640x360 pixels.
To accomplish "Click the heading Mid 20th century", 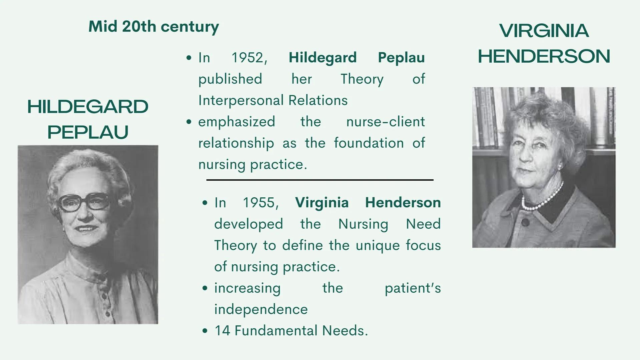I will pos(153,27).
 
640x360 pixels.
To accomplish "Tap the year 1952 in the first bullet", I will pos(249,58).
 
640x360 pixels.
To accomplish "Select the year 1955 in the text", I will pos(260,203).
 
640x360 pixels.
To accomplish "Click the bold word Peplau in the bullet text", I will pos(401,58).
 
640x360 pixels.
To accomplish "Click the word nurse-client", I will pos(385,122).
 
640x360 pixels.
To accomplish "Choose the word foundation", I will pos(369,143).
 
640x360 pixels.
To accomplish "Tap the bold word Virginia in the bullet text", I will pos(322,203).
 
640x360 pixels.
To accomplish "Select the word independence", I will pos(261,309).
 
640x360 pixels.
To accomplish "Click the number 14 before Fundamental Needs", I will pos(222,331).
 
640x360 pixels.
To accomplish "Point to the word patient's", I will pos(413,288).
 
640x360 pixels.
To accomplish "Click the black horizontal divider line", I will pos(319,180).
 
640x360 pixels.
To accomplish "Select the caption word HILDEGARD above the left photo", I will pos(88,107).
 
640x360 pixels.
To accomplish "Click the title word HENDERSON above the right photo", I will pos(544,56).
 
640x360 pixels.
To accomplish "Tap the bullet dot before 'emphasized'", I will pos(189,122).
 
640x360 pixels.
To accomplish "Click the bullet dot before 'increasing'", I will pos(205,288).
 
